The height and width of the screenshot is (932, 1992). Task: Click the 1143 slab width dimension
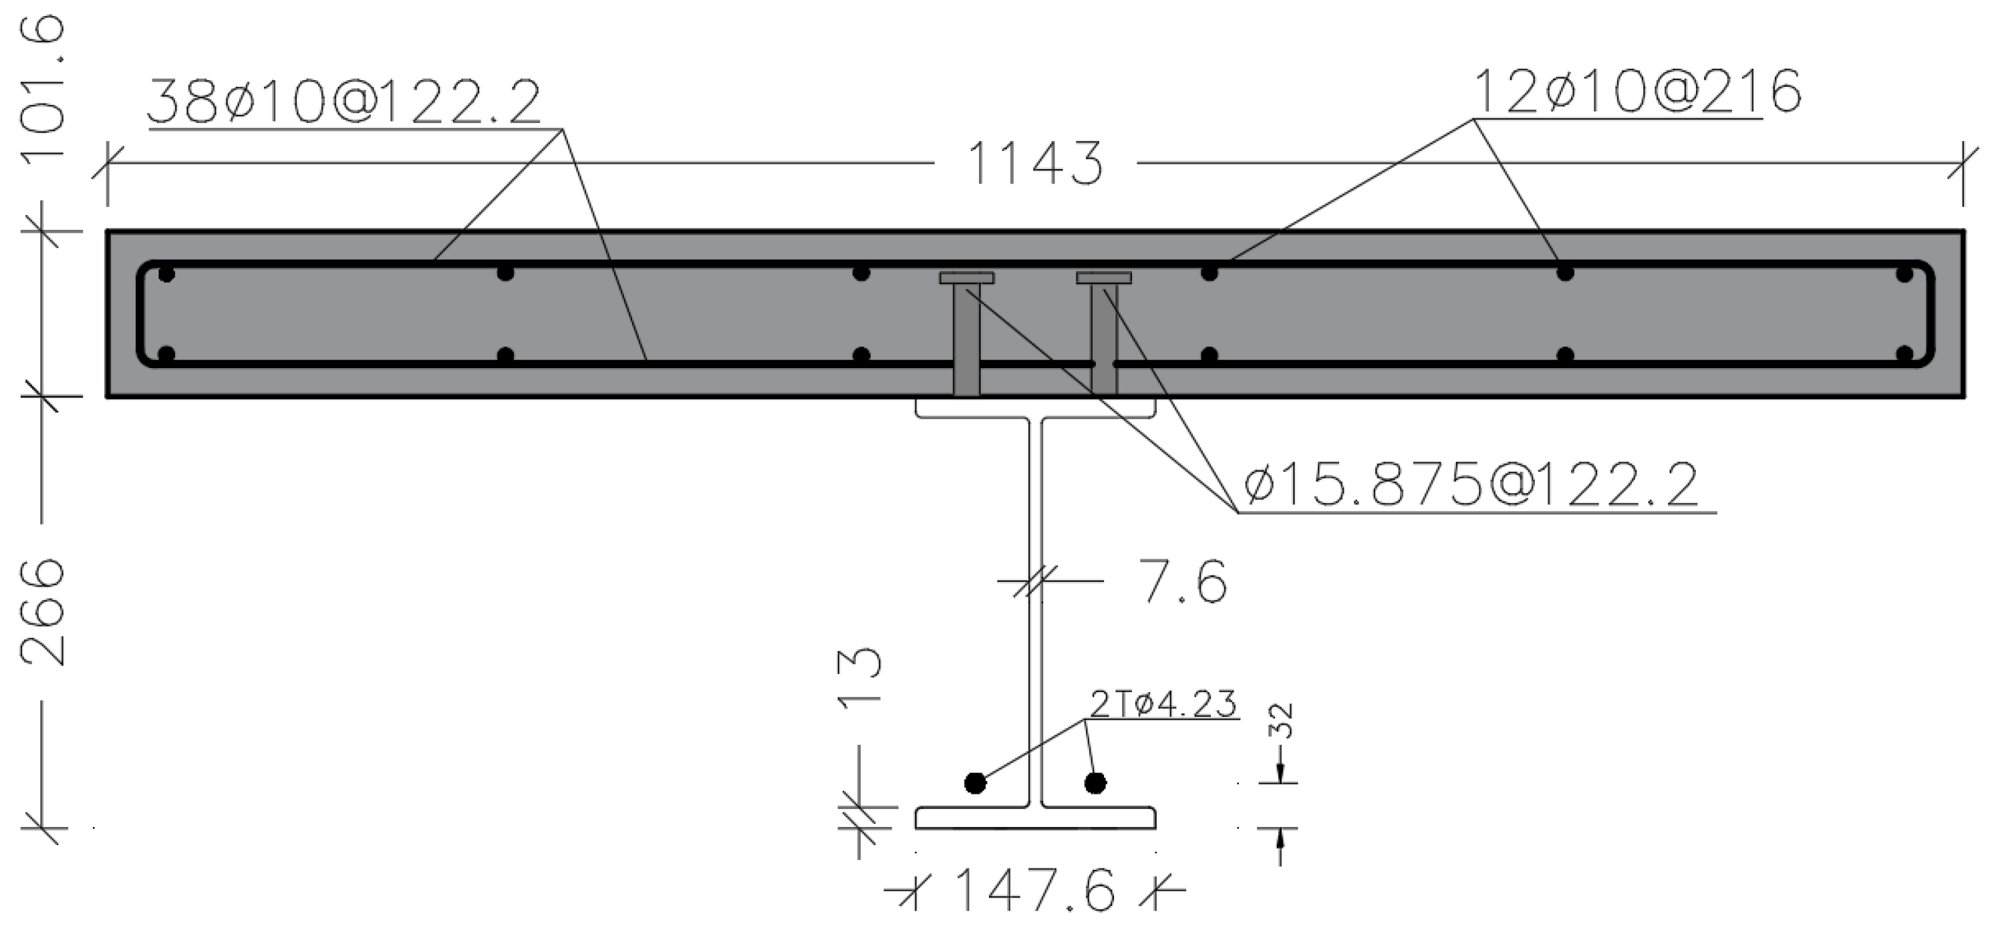(1034, 164)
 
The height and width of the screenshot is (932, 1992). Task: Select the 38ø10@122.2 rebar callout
(344, 103)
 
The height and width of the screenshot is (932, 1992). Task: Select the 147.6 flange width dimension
(1036, 889)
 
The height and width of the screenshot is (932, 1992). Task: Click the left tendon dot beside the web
(975, 784)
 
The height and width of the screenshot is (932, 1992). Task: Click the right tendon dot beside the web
(1095, 784)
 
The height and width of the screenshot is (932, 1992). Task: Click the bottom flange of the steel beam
(1036, 818)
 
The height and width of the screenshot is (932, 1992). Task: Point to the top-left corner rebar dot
(166, 274)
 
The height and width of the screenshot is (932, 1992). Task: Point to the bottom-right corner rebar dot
(1904, 355)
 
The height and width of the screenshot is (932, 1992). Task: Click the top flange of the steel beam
(1036, 408)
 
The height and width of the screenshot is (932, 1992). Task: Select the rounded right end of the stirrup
(1929, 313)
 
